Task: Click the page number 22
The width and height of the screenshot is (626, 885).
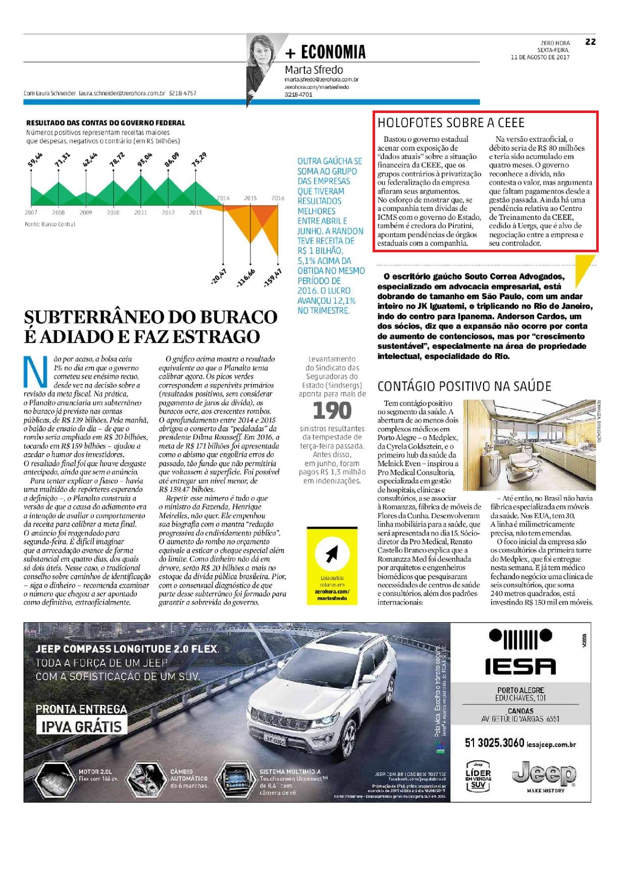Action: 590,42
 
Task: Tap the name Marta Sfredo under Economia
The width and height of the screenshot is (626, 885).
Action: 314,70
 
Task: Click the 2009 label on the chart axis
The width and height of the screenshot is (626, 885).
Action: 86,212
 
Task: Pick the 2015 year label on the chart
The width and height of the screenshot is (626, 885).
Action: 250,198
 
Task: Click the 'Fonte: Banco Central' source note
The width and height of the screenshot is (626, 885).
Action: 50,224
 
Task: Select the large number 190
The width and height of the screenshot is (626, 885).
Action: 332,411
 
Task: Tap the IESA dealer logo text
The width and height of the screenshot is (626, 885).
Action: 520,666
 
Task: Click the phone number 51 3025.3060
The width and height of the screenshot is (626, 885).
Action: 494,743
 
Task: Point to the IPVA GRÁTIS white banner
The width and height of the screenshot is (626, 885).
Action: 81,727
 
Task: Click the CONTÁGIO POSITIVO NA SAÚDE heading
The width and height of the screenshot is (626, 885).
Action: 464,386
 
